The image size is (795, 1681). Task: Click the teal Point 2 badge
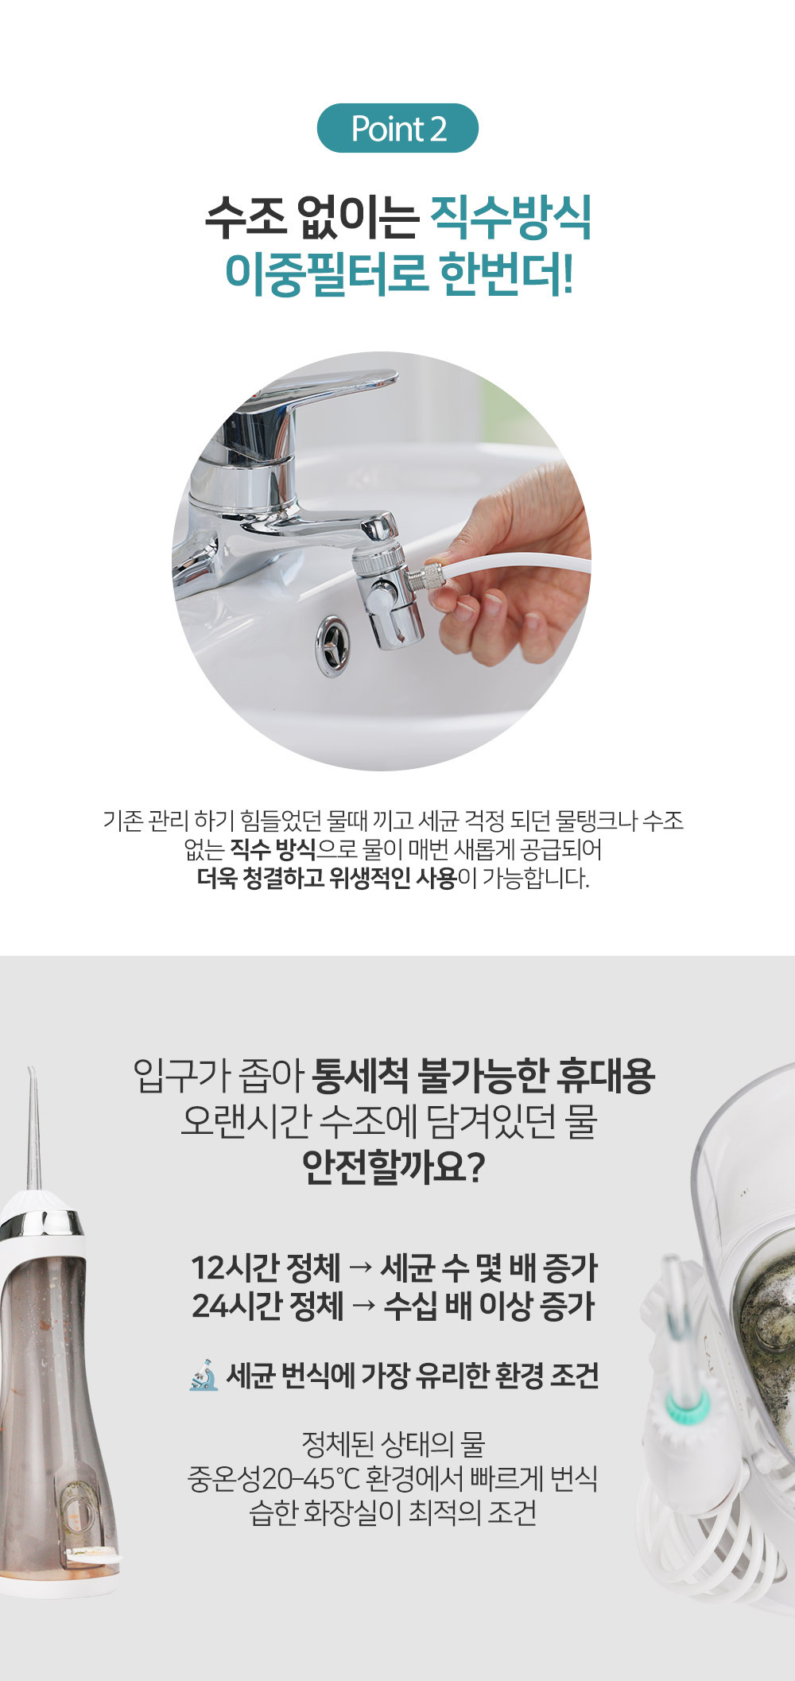pyautogui.click(x=397, y=128)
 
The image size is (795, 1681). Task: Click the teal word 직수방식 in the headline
pyautogui.click(x=512, y=217)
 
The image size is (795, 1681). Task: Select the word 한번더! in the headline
pyautogui.click(x=507, y=274)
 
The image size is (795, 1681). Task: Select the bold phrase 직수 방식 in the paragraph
pyautogui.click(x=273, y=849)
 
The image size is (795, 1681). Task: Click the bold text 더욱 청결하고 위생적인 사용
pyautogui.click(x=327, y=879)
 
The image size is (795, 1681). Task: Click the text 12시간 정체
pyautogui.click(x=266, y=1268)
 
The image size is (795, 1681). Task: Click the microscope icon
pyautogui.click(x=204, y=1375)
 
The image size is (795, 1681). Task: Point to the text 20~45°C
pyautogui.click(x=311, y=1479)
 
